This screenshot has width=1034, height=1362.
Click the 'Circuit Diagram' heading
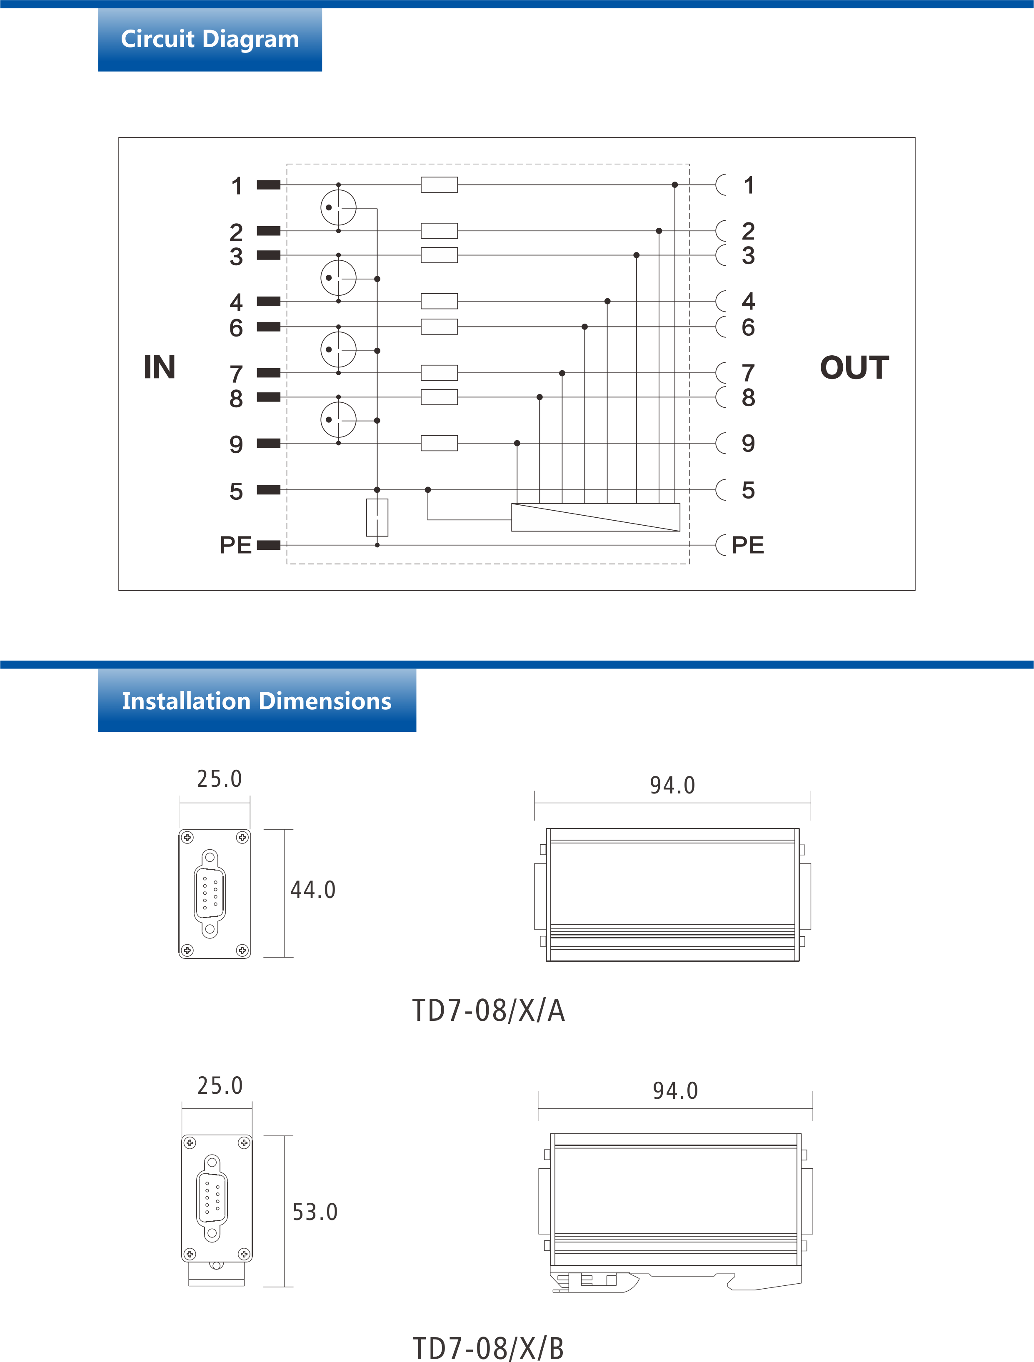coord(210,39)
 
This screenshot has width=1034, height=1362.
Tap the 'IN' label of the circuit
coord(160,368)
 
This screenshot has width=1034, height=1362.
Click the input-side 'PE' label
coord(236,545)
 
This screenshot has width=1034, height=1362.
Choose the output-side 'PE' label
coord(748,545)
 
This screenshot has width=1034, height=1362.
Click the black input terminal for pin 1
coord(269,185)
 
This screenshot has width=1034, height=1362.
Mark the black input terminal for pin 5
coord(269,489)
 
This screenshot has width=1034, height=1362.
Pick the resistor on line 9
coord(439,443)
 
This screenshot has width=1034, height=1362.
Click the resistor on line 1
coord(439,185)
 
